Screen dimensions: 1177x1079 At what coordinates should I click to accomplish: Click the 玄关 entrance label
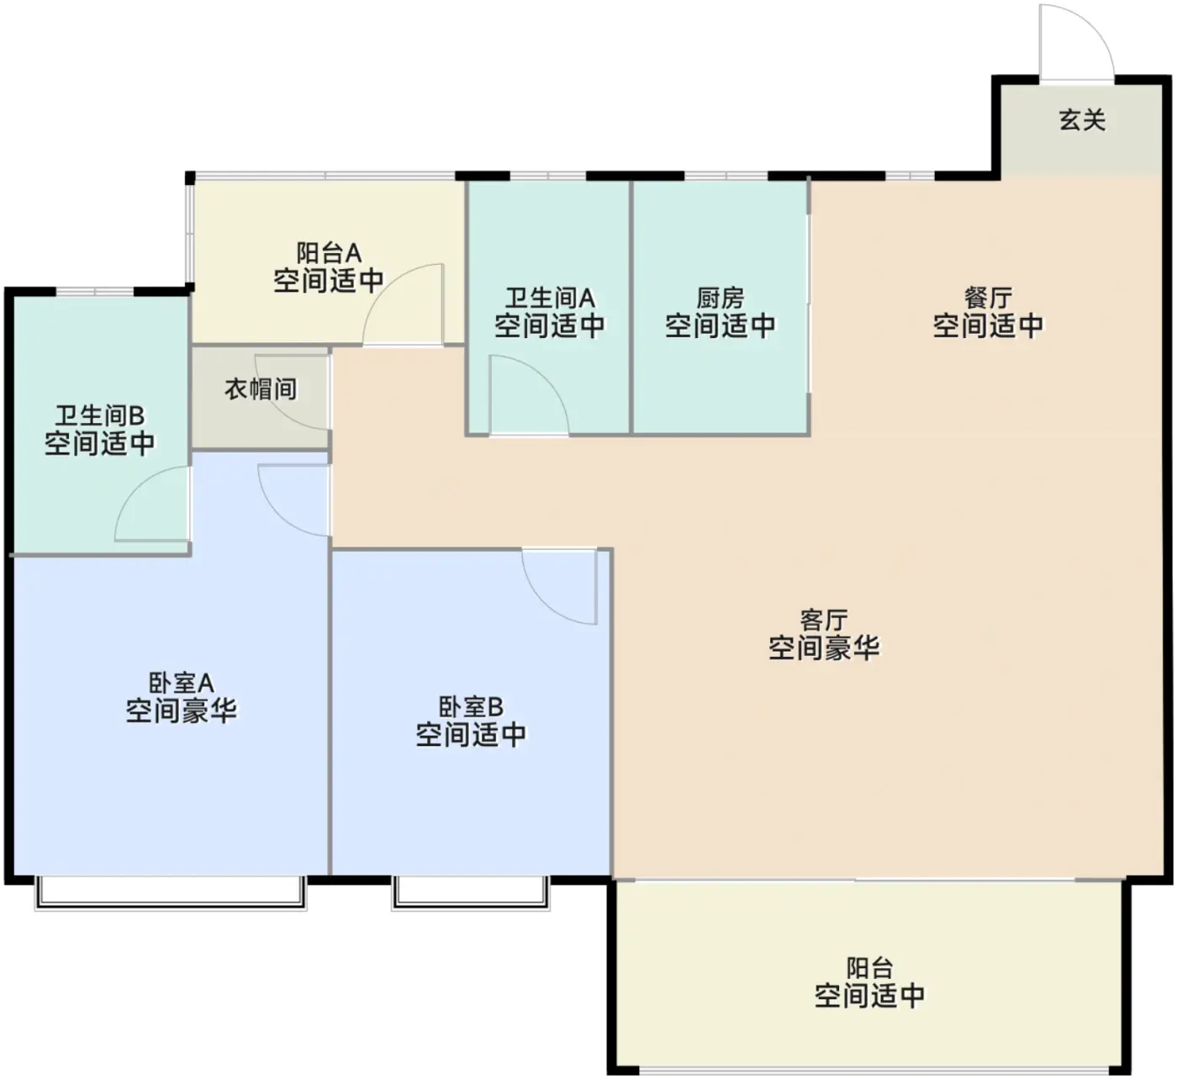pyautogui.click(x=1082, y=119)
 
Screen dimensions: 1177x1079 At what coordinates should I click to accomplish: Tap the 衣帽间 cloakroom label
pyautogui.click(x=261, y=389)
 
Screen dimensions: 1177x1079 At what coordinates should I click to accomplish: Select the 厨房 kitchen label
pyautogui.click(x=720, y=299)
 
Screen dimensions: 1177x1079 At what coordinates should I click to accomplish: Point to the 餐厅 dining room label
pyautogui.click(x=988, y=299)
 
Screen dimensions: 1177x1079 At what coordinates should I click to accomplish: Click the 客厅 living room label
pyautogui.click(x=824, y=620)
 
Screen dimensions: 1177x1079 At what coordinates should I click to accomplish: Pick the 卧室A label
pyautogui.click(x=182, y=683)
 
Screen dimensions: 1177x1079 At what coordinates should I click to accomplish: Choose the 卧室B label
pyautogui.click(x=471, y=706)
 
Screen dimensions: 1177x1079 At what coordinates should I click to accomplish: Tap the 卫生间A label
pyautogui.click(x=550, y=299)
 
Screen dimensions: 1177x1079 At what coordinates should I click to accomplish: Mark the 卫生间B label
pyautogui.click(x=100, y=415)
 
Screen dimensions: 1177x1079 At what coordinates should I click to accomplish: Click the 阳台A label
pyautogui.click(x=329, y=253)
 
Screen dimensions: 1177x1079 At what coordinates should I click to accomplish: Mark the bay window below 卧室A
pyautogui.click(x=171, y=893)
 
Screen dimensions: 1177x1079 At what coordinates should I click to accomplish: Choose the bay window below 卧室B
pyautogui.click(x=471, y=893)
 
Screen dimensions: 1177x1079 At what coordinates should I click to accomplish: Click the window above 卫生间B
pyautogui.click(x=94, y=292)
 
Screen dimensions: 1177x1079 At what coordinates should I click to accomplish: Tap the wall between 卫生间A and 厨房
pyautogui.click(x=631, y=307)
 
